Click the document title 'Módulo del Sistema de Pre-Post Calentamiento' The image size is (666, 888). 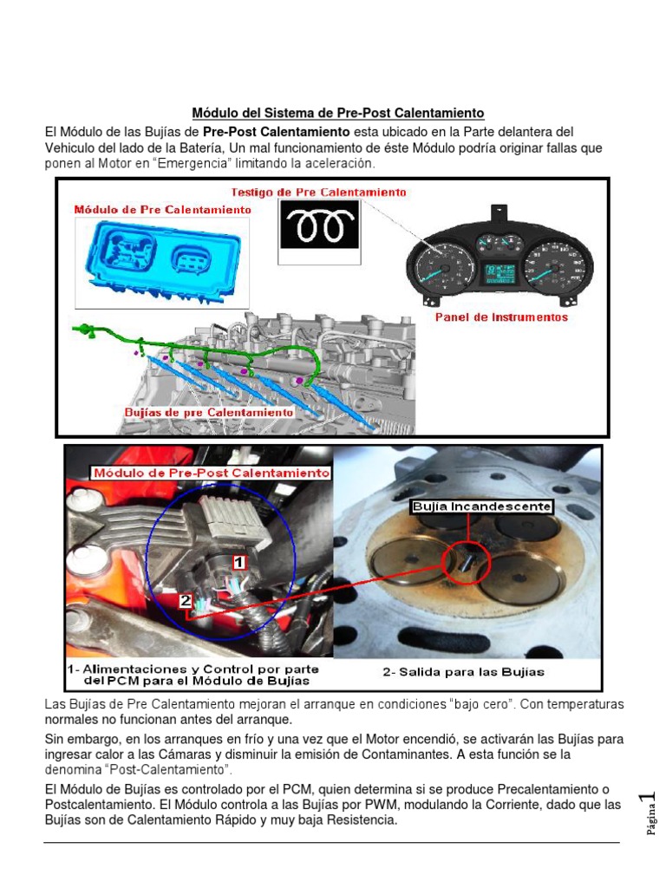pos(337,114)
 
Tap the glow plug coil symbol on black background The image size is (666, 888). pos(318,226)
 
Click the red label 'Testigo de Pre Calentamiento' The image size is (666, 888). pos(319,192)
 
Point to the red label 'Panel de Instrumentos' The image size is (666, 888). pos(501,317)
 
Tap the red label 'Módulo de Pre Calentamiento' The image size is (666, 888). pos(162,210)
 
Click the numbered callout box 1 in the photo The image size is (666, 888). pos(238,562)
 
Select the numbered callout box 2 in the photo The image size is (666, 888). pos(186,600)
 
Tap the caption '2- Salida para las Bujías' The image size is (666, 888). pos(464,672)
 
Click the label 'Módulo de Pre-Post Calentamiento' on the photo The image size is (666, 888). pos(211,473)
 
